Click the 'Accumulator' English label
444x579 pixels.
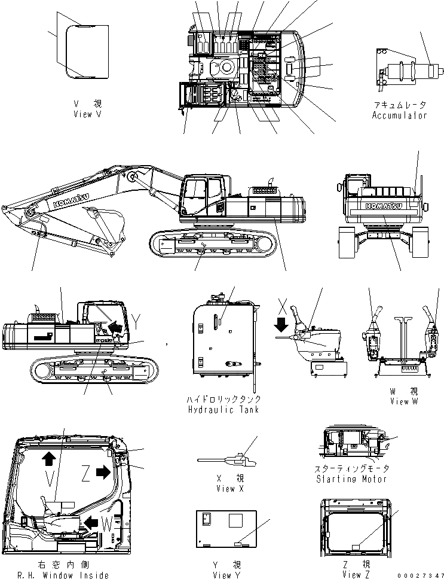[400, 115]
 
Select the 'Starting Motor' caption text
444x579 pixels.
[353, 479]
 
